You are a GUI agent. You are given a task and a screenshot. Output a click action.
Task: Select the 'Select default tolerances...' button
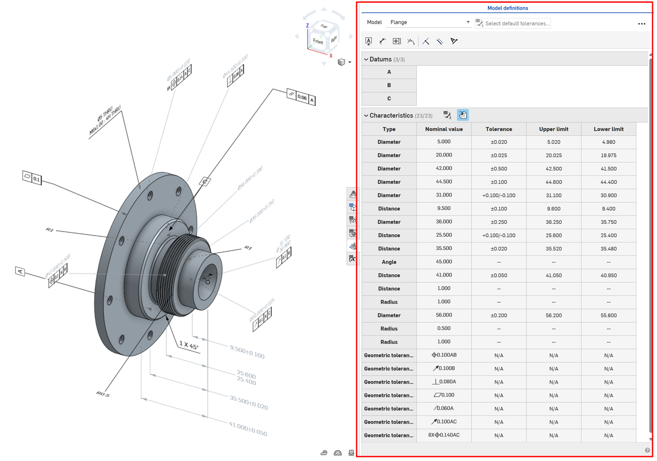(x=513, y=23)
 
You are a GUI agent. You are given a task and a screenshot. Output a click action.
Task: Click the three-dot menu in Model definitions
(x=641, y=24)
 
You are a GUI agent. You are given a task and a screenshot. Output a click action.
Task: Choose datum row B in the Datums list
(x=389, y=85)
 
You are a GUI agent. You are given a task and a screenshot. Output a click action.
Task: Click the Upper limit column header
(x=553, y=129)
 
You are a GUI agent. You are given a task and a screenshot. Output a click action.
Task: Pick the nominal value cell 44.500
(x=444, y=182)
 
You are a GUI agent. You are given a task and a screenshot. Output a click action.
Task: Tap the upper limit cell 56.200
(x=553, y=315)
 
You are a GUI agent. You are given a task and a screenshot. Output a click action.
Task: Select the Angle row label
(x=389, y=262)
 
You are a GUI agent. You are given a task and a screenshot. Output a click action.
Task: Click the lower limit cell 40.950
(x=608, y=275)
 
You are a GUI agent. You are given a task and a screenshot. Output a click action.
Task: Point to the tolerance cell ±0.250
(x=499, y=222)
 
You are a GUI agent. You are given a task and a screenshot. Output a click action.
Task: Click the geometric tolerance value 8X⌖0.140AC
(x=444, y=435)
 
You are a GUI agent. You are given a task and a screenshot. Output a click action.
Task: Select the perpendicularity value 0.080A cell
(x=444, y=382)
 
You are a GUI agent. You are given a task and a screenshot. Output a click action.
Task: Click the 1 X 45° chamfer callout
(x=189, y=345)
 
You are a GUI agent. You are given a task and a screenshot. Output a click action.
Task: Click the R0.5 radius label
(x=103, y=394)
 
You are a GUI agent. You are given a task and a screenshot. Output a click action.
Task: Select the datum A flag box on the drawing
(x=20, y=271)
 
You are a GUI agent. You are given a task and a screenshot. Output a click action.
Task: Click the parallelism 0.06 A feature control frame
(x=301, y=97)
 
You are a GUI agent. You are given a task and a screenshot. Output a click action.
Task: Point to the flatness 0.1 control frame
(x=32, y=178)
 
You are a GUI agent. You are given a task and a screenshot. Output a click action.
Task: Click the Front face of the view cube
(x=318, y=42)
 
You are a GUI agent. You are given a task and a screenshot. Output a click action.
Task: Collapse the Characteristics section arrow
(x=366, y=116)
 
